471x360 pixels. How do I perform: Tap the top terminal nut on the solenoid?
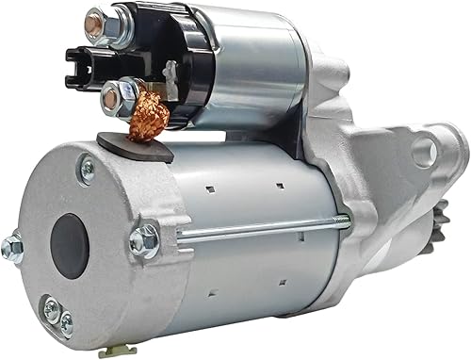tap(97, 25)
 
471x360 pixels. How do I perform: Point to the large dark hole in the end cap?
tap(71, 246)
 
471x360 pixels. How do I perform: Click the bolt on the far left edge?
tap(12, 247)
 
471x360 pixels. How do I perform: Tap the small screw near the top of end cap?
tap(87, 170)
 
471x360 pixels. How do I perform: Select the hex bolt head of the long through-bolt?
tap(144, 239)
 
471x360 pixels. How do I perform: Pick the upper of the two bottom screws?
tap(51, 308)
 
